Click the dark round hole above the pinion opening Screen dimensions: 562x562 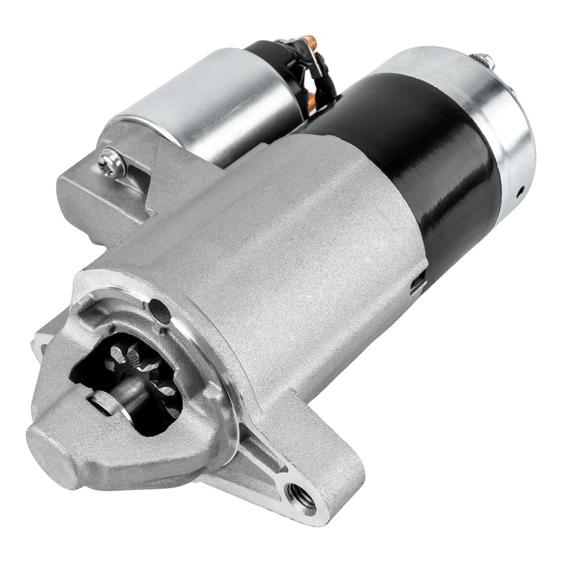pyautogui.click(x=159, y=309)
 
